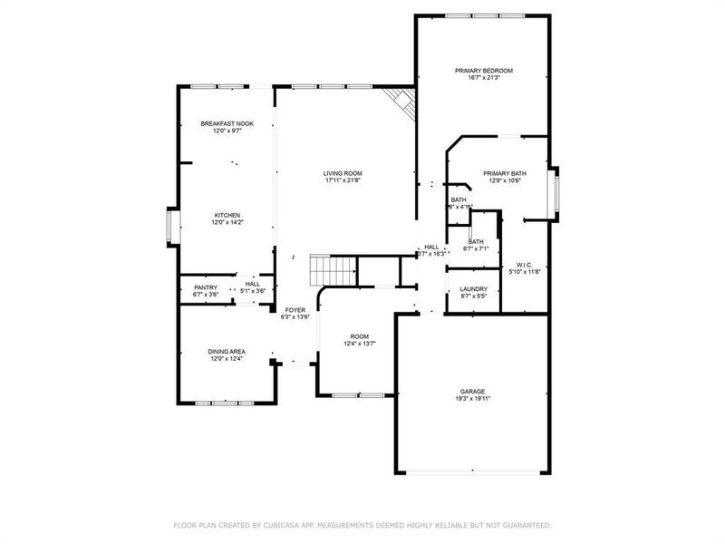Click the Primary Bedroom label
484,70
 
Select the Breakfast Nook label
227,123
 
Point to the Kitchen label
227,215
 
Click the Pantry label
206,287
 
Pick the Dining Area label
227,351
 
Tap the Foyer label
296,310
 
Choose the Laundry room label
474,288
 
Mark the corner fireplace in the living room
400,102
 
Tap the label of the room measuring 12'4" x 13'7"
360,336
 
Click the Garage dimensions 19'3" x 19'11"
471,398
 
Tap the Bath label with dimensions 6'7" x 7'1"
476,241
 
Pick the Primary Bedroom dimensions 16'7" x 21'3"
484,78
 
